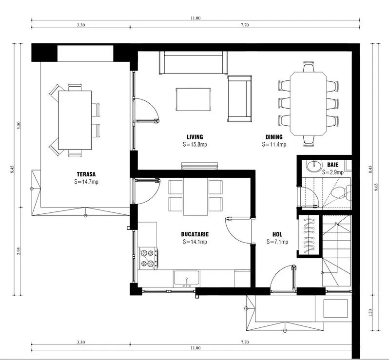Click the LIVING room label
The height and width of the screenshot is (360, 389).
click(x=195, y=137)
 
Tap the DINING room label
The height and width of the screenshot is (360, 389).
click(x=274, y=137)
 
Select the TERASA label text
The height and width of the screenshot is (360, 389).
click(x=86, y=174)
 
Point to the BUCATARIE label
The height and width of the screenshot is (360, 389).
click(x=195, y=234)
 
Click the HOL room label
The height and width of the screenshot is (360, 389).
click(x=277, y=234)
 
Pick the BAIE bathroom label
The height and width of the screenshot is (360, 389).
click(x=332, y=165)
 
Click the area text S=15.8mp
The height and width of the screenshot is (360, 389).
click(x=195, y=144)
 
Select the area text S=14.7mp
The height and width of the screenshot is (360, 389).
click(x=86, y=182)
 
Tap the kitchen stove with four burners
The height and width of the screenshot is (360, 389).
click(x=148, y=258)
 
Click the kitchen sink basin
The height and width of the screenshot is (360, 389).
click(x=186, y=278)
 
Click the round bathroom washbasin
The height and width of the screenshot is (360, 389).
click(x=313, y=166)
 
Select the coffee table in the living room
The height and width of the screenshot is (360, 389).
click(x=193, y=99)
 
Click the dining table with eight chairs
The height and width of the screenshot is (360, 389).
click(x=308, y=104)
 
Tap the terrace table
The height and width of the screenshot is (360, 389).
click(x=75, y=120)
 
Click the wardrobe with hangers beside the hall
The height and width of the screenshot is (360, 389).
click(x=309, y=234)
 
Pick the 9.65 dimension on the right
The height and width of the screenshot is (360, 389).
click(x=377, y=187)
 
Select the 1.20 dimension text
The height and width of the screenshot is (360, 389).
click(x=370, y=313)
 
